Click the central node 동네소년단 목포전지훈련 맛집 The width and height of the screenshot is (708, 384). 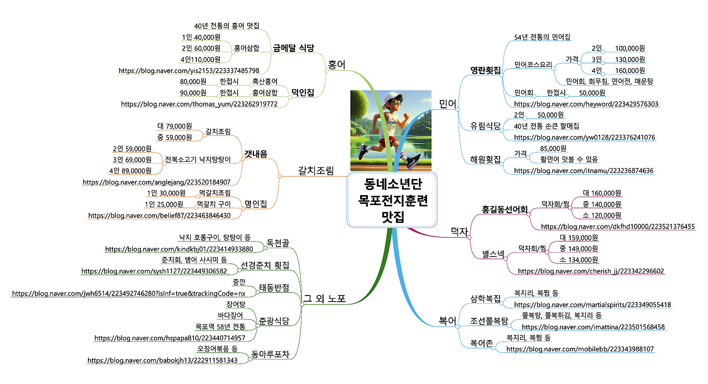click(392, 199)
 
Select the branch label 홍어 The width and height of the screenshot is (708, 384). click(337, 65)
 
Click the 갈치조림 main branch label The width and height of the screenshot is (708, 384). click(316, 171)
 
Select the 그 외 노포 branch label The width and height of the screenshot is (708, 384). click(324, 299)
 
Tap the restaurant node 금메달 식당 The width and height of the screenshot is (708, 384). click(294, 48)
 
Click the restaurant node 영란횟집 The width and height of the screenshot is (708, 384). click(485, 70)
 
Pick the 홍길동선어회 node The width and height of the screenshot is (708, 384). click(504, 210)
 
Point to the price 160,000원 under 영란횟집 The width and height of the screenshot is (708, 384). click(630, 71)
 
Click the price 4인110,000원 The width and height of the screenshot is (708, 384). click(200, 60)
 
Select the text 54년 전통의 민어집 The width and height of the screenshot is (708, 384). click(542, 37)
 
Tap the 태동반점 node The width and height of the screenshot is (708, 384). click(274, 288)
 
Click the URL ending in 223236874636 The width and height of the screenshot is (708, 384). click(584, 171)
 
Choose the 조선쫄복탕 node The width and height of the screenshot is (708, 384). click(489, 320)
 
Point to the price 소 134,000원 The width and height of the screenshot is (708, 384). click(579, 260)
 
